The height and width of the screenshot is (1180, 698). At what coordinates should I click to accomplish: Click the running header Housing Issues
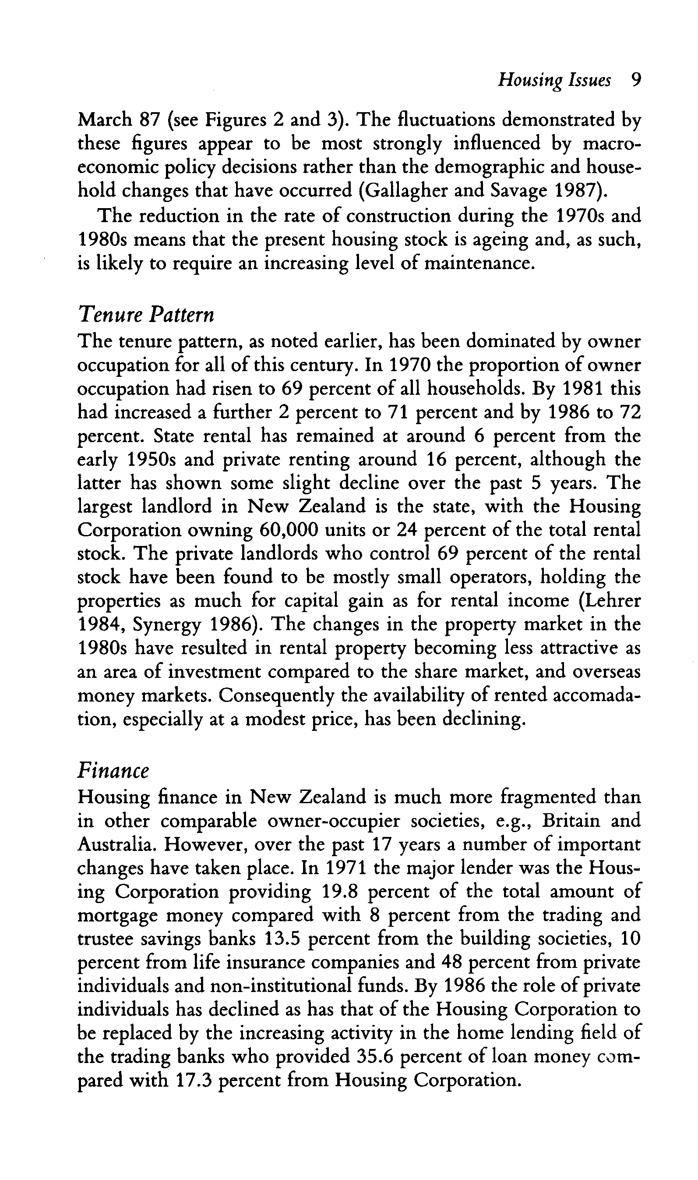(x=554, y=81)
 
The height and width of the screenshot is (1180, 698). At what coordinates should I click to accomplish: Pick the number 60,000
(x=293, y=530)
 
